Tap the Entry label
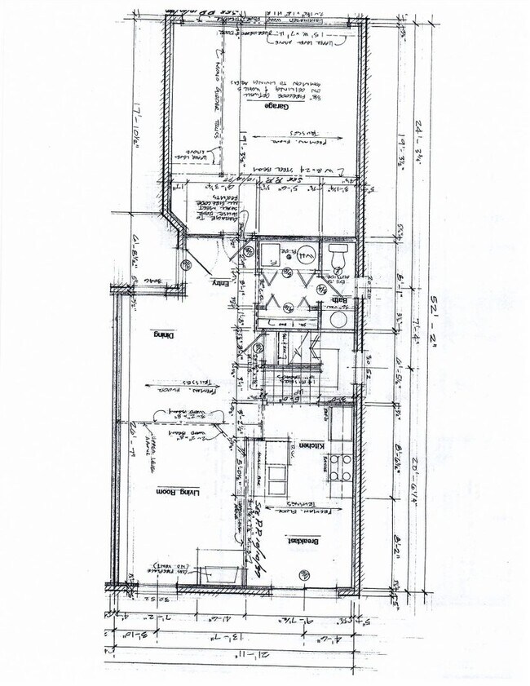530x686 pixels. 218,282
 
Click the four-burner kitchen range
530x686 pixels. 340,467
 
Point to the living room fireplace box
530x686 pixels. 215,574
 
